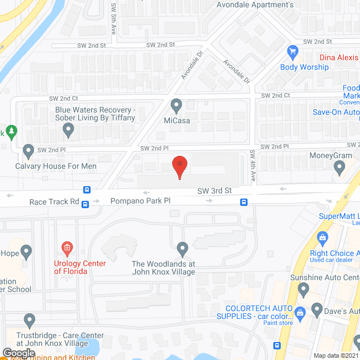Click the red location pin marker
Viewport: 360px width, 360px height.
pos(179,166)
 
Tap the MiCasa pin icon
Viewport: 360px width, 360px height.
pos(177,106)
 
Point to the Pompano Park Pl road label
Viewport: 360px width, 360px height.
pos(140,201)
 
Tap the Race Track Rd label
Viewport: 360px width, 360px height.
pos(55,201)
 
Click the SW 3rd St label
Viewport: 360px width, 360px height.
pos(214,191)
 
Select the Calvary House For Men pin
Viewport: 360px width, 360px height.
pos(29,151)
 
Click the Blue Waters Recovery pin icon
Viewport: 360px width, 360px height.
pos(69,130)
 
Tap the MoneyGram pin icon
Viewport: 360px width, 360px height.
pos(339,166)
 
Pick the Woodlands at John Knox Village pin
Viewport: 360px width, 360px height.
pos(182,248)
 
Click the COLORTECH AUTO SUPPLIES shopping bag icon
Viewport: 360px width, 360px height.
pos(300,311)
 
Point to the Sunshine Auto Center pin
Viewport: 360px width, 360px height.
pos(304,290)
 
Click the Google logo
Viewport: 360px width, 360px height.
pos(19,353)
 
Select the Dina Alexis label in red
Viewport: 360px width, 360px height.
pos(339,57)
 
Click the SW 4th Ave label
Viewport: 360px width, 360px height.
pos(253,166)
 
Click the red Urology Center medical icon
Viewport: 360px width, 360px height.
pos(66,247)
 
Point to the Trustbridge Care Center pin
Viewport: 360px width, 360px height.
pos(30,321)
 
